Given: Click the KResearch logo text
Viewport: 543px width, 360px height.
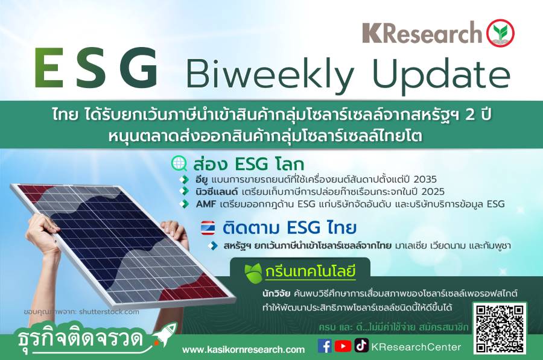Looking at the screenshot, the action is click(x=422, y=33).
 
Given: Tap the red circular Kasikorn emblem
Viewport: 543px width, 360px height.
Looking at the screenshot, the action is click(x=500, y=33).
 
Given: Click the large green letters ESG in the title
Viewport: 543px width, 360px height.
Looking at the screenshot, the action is click(x=97, y=68).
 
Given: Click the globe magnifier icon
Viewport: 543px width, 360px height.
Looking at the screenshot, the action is click(x=179, y=163).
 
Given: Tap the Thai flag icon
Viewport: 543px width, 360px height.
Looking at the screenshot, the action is click(x=208, y=228).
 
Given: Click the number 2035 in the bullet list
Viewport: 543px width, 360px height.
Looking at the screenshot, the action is click(x=425, y=179).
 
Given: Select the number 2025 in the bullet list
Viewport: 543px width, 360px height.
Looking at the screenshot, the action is click(x=433, y=192).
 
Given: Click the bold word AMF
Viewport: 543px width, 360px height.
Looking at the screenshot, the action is click(x=206, y=204).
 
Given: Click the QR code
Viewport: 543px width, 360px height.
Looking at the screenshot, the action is click(x=500, y=328).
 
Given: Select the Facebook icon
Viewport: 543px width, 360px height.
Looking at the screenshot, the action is click(x=325, y=346).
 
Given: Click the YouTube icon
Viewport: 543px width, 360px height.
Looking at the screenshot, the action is click(x=343, y=346).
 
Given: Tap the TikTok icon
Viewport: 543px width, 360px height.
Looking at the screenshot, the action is click(x=361, y=346).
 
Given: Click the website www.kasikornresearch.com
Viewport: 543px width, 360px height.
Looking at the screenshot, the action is click(x=244, y=350).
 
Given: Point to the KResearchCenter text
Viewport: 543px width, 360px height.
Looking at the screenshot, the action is click(x=416, y=347).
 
